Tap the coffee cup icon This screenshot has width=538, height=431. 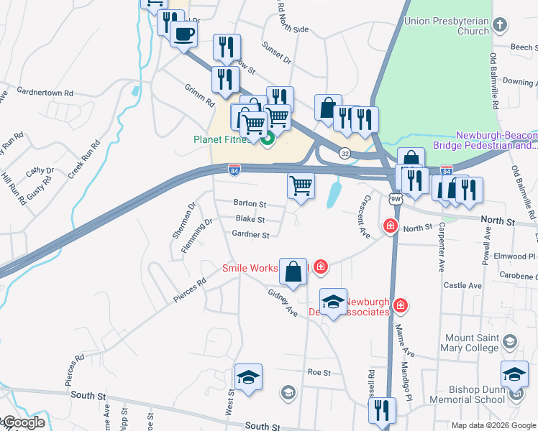coord(183,34)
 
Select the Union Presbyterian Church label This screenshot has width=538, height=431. coord(447,27)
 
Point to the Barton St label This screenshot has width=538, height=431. coord(250,203)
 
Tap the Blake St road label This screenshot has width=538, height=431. coord(250,219)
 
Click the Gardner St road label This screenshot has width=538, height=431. coord(250,234)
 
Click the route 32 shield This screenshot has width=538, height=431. coord(345,153)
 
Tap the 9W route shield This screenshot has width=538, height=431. coord(395,198)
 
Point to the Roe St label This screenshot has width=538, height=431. coord(319,373)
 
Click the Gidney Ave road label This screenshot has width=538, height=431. coord(282,304)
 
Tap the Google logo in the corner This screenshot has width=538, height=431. coord(23,422)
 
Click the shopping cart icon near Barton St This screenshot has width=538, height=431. coord(301,185)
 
